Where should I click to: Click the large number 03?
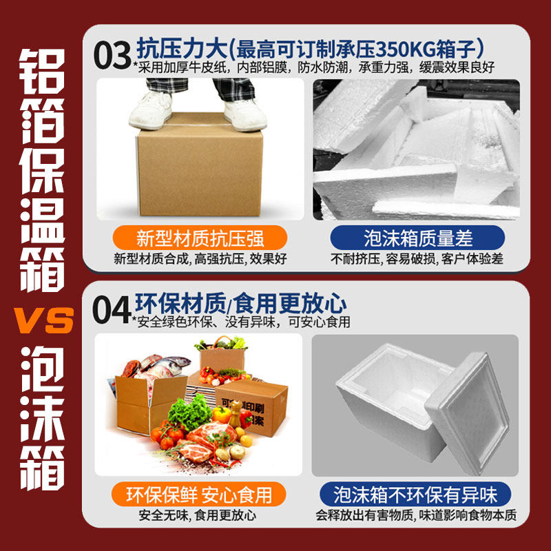coord(112,55)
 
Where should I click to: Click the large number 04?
coord(111,309)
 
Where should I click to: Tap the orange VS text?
coord(44,320)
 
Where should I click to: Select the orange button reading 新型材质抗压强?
coord(200,238)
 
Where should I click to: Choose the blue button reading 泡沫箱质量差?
coord(417,238)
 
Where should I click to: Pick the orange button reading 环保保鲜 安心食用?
coord(199,494)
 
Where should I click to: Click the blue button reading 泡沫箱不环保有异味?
coord(415,494)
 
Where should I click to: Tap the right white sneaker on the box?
coord(245,114)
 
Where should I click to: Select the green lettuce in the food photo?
coord(190,412)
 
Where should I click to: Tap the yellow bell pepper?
coord(222,415)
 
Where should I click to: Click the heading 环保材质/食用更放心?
coord(240,303)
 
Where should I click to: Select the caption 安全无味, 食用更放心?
coord(198,515)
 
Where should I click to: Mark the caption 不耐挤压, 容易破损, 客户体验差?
coord(417,259)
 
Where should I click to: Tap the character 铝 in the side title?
coord(42,72)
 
